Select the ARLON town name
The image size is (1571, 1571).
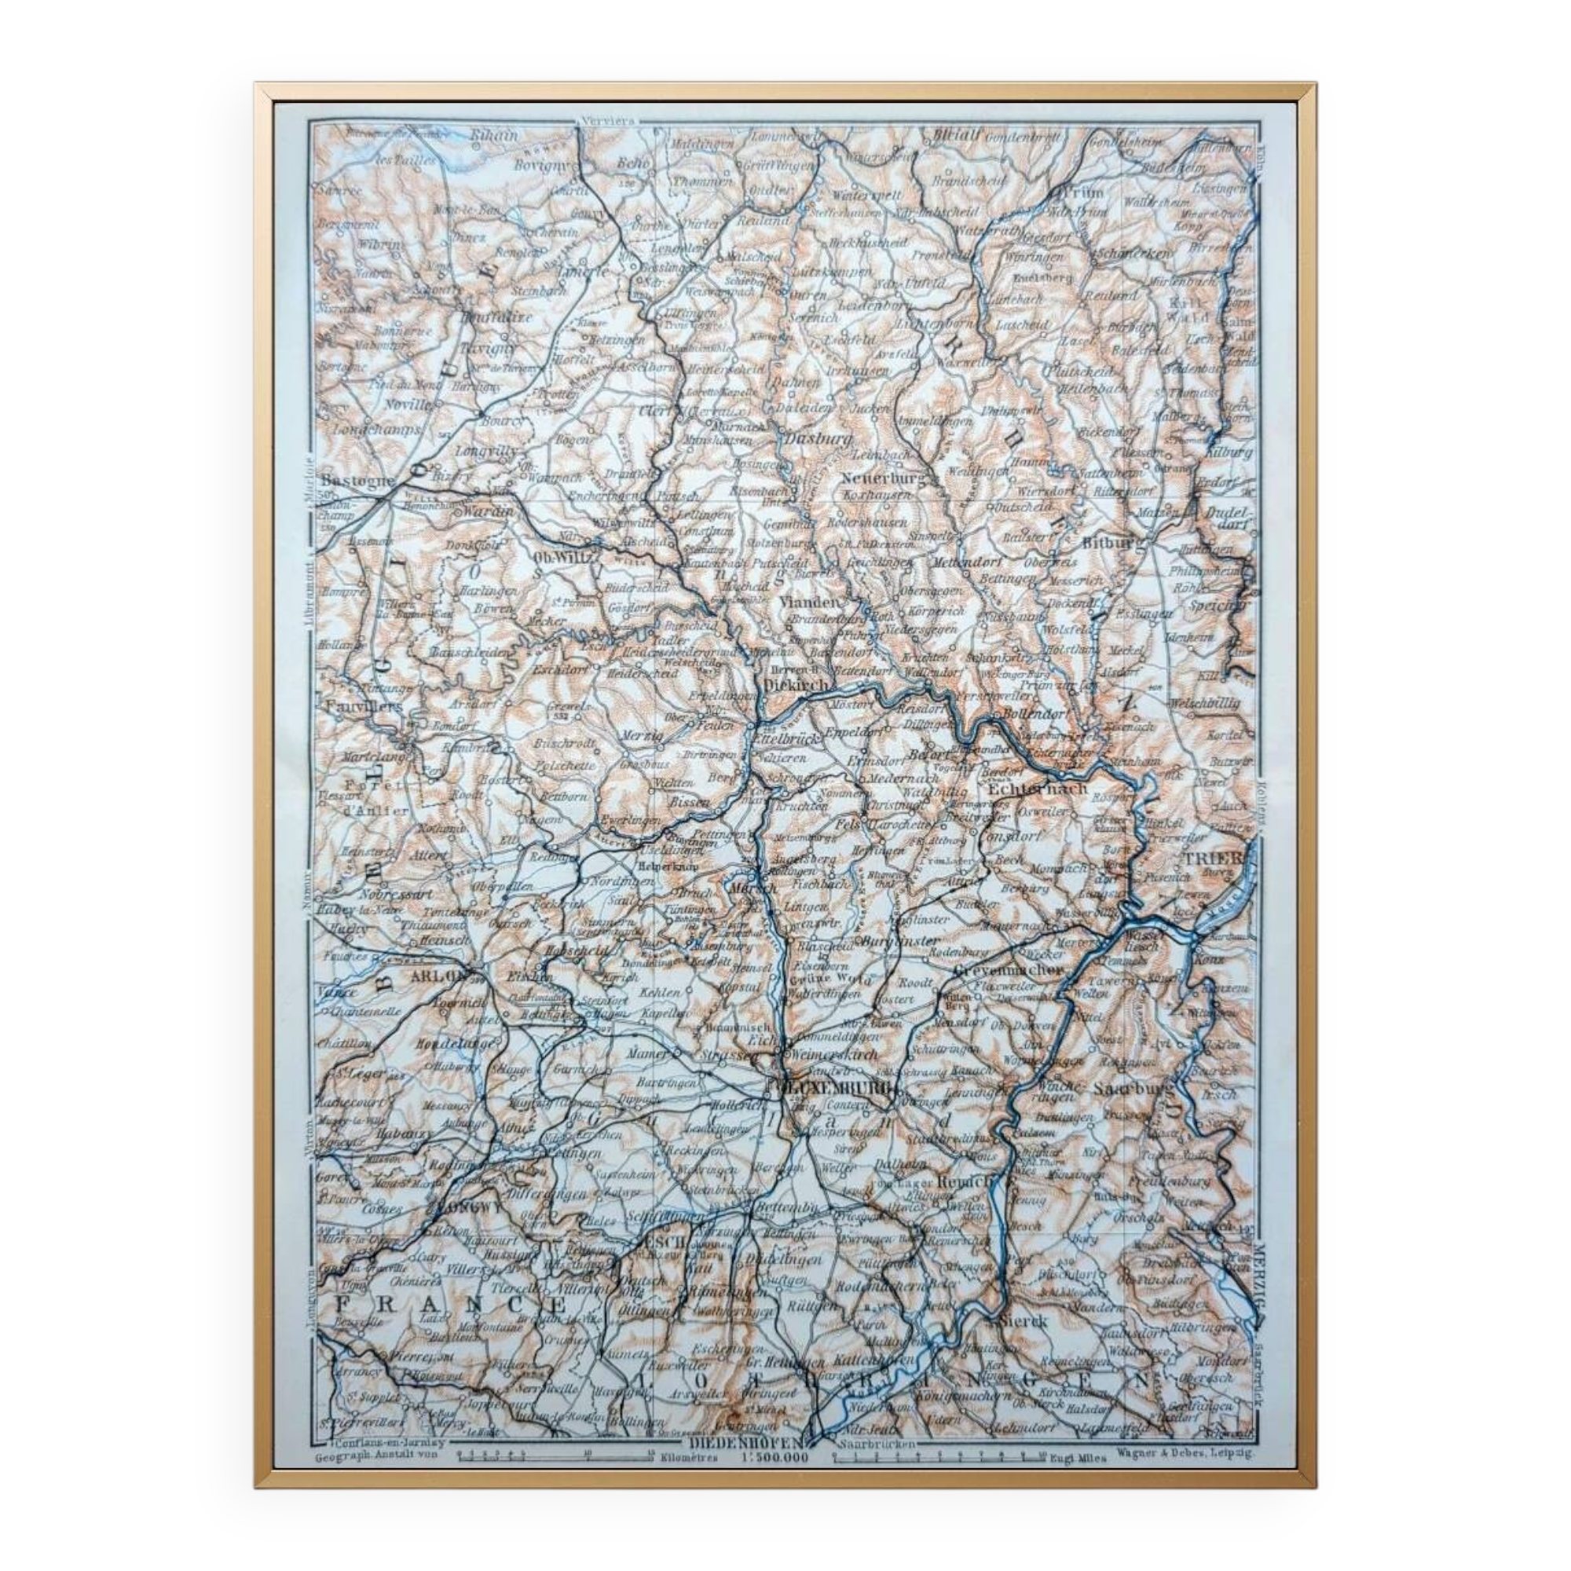[x=440, y=975]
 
